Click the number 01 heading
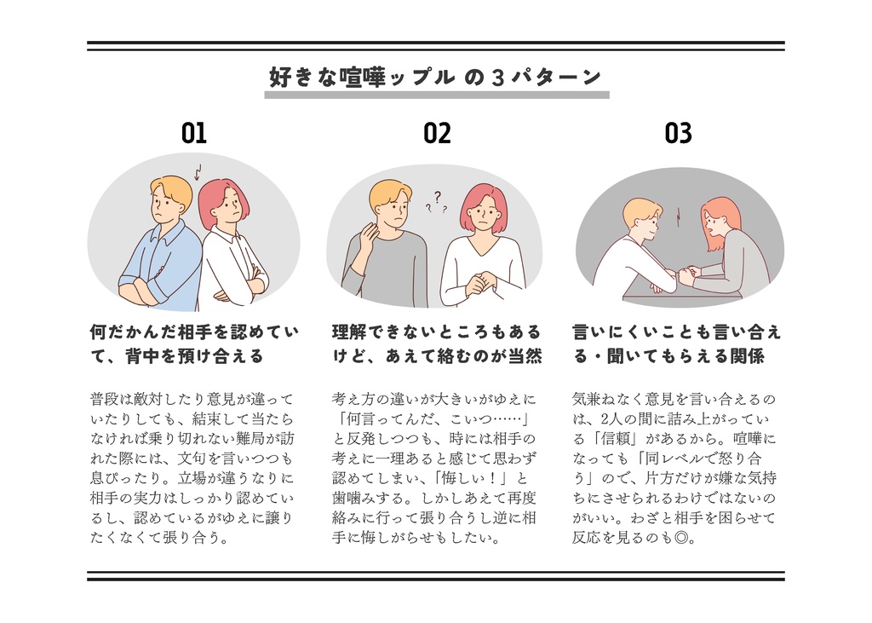194,133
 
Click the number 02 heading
437,133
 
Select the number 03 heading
678,133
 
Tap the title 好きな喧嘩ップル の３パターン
436,77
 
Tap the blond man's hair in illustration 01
170,188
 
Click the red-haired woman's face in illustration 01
227,207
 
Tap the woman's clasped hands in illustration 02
481,282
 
